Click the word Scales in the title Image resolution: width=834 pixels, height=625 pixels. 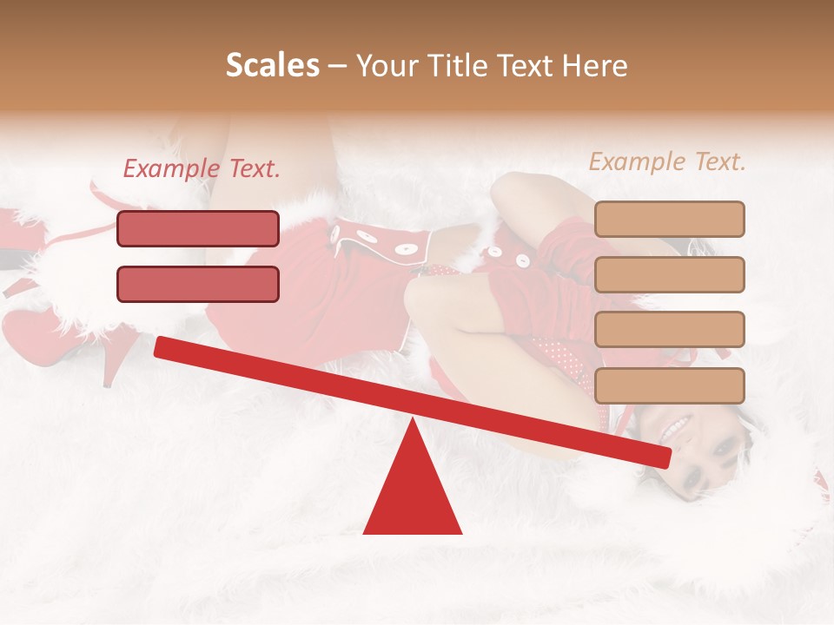pos(272,65)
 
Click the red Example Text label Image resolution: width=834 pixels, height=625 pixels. pos(202,169)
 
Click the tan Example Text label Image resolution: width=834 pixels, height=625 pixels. pos(667,161)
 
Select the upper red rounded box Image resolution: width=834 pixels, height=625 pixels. pos(198,228)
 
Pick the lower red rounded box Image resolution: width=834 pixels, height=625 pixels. pos(198,284)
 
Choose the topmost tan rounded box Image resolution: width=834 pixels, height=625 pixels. pos(669,219)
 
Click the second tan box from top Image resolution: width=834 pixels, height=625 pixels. pos(669,274)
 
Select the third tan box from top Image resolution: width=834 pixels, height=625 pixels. pos(669,329)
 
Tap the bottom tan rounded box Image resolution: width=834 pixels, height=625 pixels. pos(669,385)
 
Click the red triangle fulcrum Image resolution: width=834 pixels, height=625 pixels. pos(413,495)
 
